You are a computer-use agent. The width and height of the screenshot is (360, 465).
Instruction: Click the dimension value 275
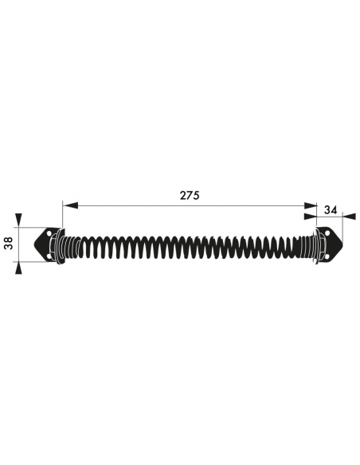point(190,195)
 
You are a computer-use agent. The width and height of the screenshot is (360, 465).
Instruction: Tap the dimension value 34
point(331,210)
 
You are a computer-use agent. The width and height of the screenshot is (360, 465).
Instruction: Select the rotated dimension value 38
point(10,243)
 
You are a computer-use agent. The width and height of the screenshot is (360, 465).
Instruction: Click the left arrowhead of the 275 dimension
point(70,205)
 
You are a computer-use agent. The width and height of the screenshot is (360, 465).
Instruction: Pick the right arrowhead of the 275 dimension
point(309,205)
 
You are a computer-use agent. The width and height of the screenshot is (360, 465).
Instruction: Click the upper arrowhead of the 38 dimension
point(18,221)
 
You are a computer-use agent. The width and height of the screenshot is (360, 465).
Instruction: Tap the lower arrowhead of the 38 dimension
point(18,268)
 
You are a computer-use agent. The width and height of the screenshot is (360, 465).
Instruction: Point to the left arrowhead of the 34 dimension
point(311,217)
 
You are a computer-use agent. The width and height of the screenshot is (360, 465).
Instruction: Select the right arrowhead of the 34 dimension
point(349,217)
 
